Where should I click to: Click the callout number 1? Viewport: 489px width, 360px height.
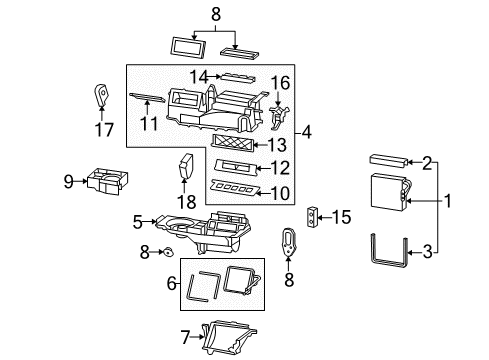point(449,201)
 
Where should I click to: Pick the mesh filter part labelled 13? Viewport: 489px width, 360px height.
point(244,144)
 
